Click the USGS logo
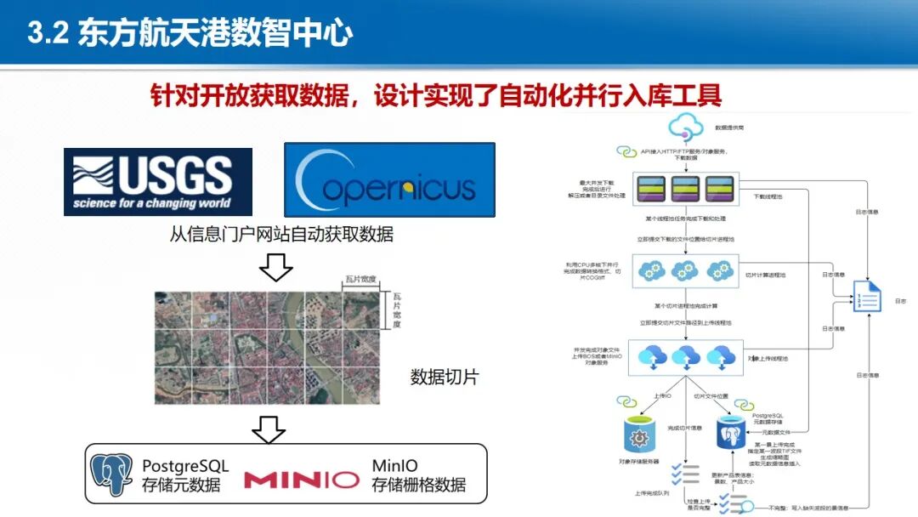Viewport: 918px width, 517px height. [x=158, y=181]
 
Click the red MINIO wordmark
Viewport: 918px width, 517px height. [x=302, y=480]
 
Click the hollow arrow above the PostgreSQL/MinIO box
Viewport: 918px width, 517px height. [x=270, y=428]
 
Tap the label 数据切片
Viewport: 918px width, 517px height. [x=444, y=377]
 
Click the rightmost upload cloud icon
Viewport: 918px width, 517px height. [x=720, y=355]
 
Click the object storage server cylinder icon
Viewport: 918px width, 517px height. [x=638, y=435]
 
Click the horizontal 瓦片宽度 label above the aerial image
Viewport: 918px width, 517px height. [x=361, y=279]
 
